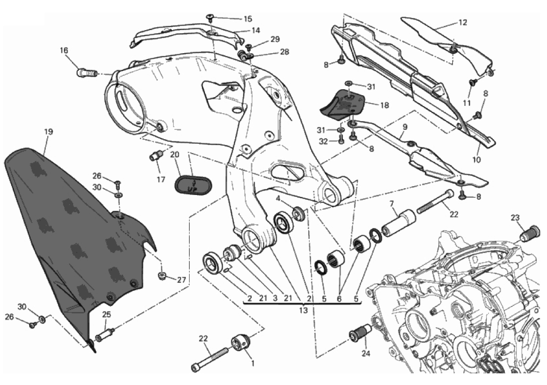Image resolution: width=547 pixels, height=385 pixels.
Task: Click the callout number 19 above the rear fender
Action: click(x=48, y=132)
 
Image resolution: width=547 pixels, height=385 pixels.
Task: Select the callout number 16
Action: click(x=64, y=49)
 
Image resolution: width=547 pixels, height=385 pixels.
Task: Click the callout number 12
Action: click(x=463, y=22)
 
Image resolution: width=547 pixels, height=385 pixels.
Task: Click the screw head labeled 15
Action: click(x=210, y=18)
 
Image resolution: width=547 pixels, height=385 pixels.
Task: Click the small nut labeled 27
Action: click(x=162, y=276)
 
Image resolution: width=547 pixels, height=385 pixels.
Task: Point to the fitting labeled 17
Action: click(x=155, y=156)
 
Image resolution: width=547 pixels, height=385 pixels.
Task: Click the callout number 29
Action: click(x=275, y=39)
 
